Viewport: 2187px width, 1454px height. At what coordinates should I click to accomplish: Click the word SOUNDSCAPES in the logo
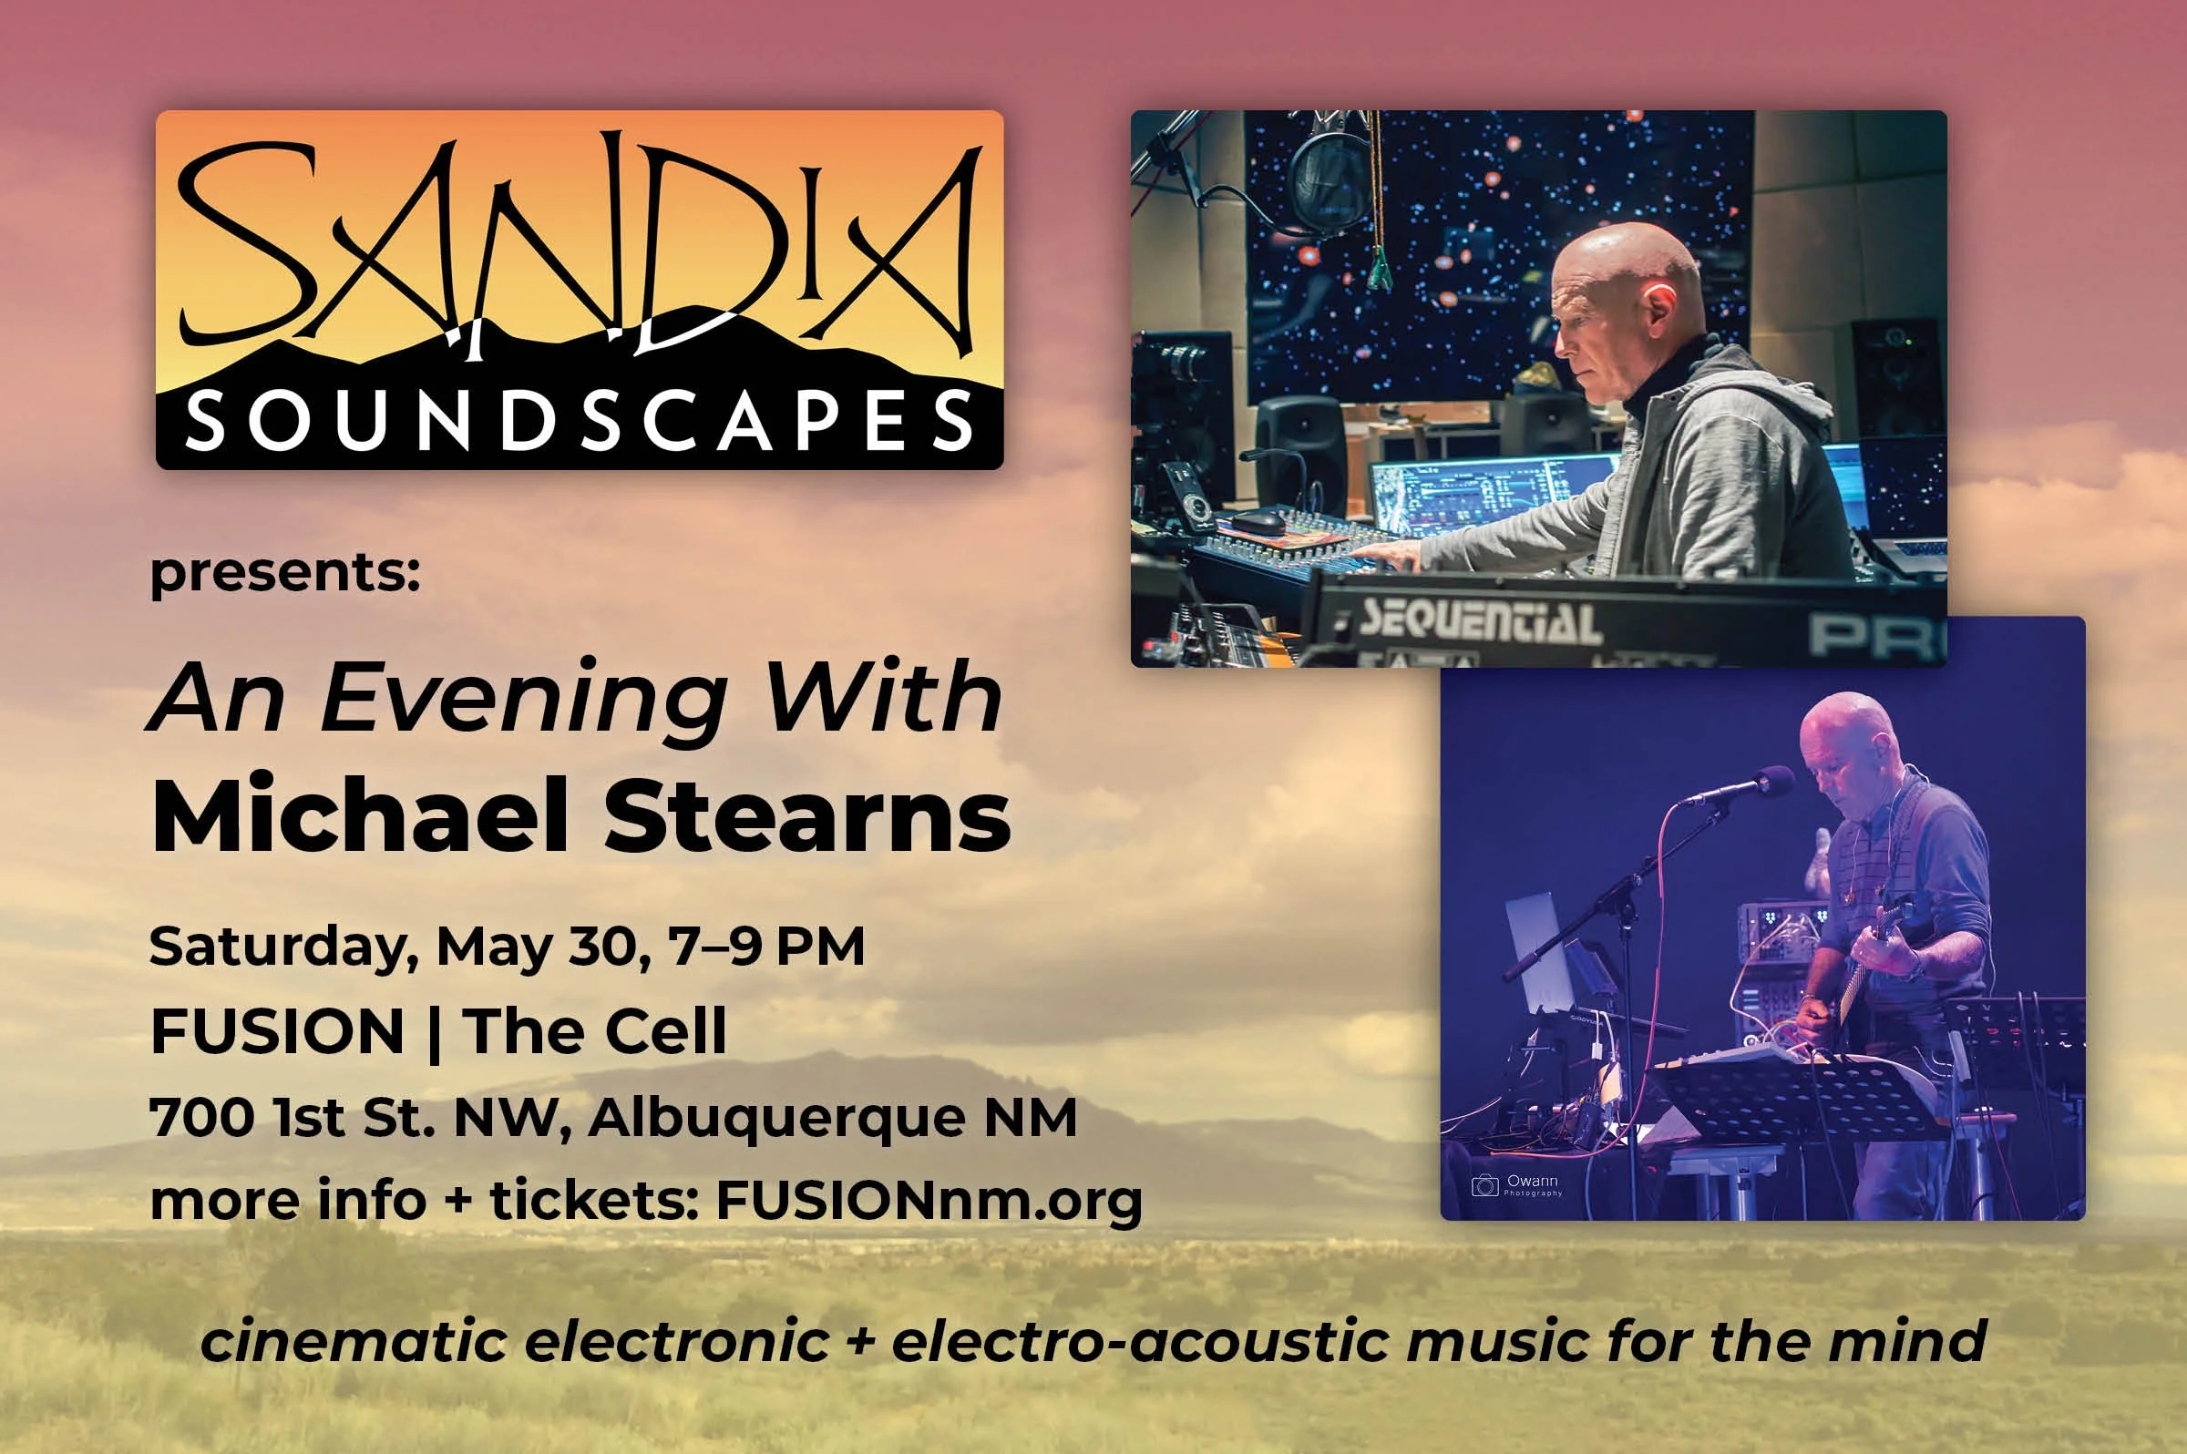point(580,422)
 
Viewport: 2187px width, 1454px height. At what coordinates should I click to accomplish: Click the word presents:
point(284,572)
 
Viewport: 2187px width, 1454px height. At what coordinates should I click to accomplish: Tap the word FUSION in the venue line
point(277,1031)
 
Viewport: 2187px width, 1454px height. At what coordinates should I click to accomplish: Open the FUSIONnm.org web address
point(929,1202)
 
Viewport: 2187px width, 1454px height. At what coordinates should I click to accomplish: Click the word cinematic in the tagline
point(354,1341)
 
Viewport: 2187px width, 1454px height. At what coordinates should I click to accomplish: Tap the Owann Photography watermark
point(1518,1185)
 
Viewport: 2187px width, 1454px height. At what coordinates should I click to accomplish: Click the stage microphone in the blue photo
point(1743,784)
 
